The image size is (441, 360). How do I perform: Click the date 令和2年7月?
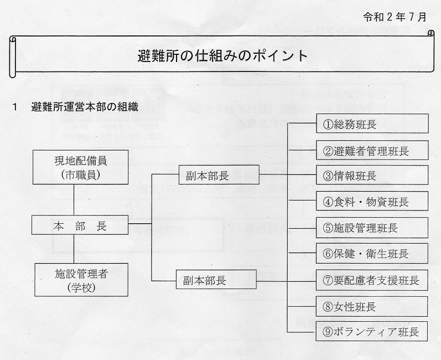coord(395,17)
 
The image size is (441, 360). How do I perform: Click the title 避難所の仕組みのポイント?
coord(222,55)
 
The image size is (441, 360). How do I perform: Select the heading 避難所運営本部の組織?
coord(85,107)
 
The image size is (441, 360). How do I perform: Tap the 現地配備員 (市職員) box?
coord(80,167)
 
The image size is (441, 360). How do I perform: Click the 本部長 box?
coord(80,225)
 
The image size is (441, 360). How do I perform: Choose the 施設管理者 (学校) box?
coord(81,280)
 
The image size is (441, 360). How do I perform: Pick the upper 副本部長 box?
coord(219,175)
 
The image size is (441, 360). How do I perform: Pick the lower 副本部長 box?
coord(216,279)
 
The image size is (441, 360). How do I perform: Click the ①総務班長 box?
coord(372,124)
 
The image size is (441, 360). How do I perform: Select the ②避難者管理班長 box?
coord(372,150)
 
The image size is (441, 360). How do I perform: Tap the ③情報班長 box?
coord(372,175)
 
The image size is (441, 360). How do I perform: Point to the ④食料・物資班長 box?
coord(372,201)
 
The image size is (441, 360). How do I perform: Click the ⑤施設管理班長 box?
coord(372,228)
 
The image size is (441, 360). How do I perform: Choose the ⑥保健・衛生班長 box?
coord(372,253)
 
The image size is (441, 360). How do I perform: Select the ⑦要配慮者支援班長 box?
coord(372,280)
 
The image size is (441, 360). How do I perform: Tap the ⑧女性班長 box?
coord(372,306)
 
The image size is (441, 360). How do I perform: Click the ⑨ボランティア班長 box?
coord(372,331)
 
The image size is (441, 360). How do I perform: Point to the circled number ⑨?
coord(328,332)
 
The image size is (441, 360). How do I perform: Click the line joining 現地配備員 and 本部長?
coord(74,200)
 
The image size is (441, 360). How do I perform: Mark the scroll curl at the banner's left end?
coord(13,57)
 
